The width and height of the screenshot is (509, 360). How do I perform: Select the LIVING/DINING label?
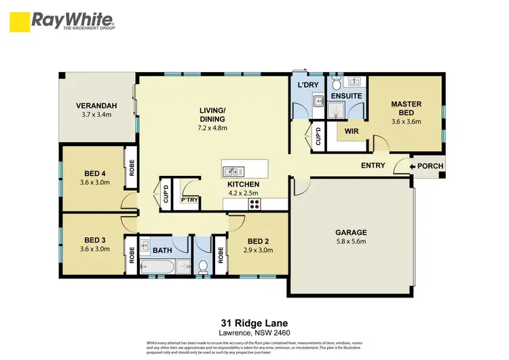point(212,114)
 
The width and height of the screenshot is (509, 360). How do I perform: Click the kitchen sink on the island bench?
point(231,170)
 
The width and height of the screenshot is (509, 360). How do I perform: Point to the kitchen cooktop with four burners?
point(255,203)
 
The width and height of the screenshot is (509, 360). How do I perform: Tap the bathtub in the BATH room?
point(162,267)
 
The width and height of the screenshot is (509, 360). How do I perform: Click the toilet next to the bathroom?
point(203,266)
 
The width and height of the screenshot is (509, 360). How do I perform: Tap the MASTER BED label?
point(406,109)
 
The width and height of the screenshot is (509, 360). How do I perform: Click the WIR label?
point(351,130)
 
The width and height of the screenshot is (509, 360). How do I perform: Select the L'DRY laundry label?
point(309,85)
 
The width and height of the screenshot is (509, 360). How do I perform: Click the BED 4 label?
point(95,173)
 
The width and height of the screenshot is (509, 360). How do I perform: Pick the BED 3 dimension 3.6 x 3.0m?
point(95,249)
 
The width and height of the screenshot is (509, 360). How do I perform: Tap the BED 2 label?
point(258,241)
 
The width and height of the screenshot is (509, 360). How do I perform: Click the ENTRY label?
point(373,165)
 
